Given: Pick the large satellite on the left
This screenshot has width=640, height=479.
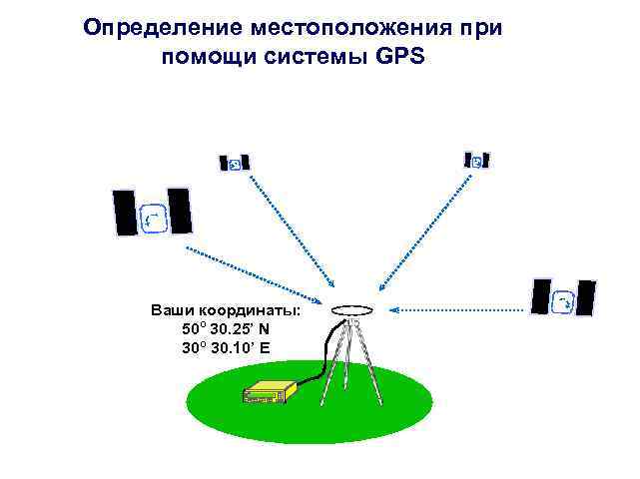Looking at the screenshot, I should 152,213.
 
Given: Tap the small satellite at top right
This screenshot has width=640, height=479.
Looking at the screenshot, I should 477,160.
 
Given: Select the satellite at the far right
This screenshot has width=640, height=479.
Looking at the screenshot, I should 563,297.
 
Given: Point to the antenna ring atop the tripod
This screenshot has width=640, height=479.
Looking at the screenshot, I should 351,310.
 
